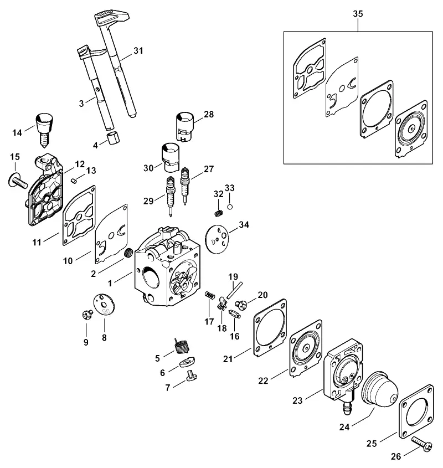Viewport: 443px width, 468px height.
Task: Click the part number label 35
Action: pos(358,14)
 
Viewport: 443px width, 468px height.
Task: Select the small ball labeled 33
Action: pos(230,207)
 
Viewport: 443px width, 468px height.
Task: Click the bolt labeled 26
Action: pos(422,443)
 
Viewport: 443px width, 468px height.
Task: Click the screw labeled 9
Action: pos(87,315)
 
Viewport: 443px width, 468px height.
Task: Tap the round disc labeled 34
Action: pos(217,239)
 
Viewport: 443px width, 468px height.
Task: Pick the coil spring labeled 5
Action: pos(182,346)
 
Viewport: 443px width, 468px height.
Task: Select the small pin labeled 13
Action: pos(75,180)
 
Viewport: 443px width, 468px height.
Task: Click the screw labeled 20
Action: pos(241,305)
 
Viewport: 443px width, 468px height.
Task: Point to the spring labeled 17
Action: pos(210,295)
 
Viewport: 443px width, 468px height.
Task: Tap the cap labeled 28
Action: pos(184,126)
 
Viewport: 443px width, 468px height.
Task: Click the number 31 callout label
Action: pos(138,51)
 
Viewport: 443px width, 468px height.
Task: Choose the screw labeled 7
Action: pos(190,376)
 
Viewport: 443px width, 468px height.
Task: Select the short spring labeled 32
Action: pos(219,213)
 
